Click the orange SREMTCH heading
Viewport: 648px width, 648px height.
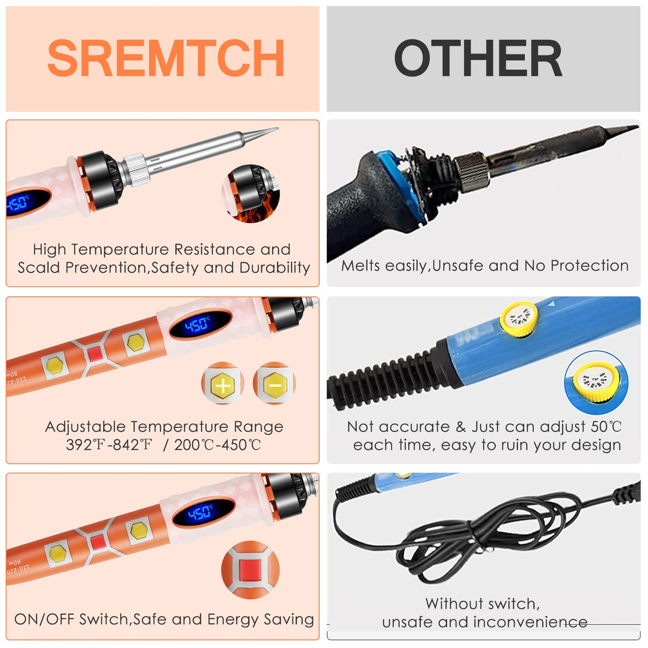pos(165,59)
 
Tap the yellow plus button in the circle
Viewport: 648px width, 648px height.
pos(223,384)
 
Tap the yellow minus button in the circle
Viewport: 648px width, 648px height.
pos(274,383)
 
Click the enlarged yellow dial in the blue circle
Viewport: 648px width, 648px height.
pos(596,382)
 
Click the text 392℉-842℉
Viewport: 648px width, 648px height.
pos(109,445)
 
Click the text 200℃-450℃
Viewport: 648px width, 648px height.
pos(218,445)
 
